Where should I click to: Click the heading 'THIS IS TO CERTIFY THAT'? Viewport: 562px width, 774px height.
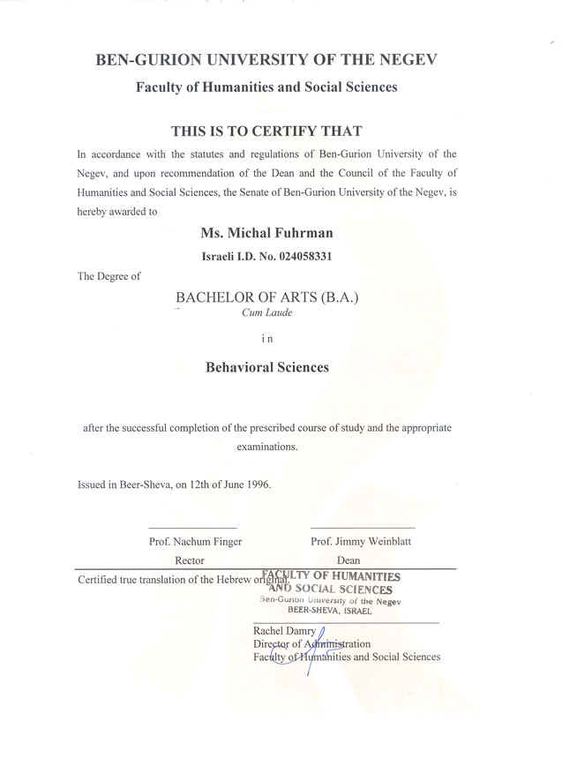tap(266, 132)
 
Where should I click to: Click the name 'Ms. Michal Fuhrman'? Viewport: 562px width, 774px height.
tap(266, 234)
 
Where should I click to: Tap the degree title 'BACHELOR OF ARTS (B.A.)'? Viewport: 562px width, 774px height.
tap(267, 297)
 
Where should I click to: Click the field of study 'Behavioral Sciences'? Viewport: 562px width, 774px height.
tap(266, 367)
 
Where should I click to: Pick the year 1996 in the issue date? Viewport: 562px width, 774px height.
tap(259, 485)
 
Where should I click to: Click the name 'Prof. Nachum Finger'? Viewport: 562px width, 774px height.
tap(195, 541)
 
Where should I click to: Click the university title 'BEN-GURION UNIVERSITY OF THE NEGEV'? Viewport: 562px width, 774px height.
tap(266, 60)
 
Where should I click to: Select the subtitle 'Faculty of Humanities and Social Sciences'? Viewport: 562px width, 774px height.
tap(266, 87)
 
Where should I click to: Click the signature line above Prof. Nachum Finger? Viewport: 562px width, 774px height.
tap(180, 528)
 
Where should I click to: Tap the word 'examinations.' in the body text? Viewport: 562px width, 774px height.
tap(266, 447)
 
